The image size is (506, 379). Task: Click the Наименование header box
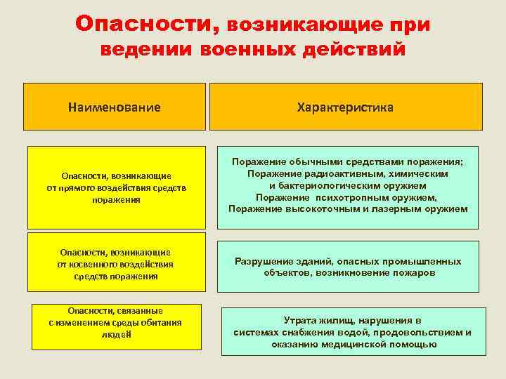pos(115,107)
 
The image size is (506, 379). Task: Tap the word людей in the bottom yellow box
pos(115,335)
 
